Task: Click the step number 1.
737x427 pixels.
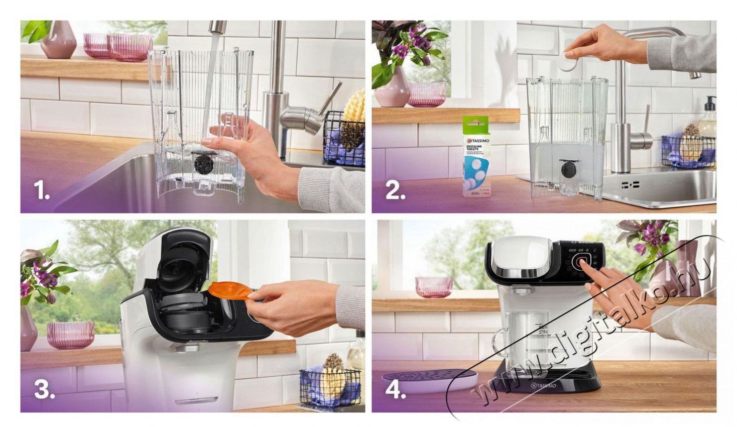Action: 41,190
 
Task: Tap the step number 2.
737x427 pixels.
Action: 395,190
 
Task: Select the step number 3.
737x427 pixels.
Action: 44,389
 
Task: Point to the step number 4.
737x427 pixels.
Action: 395,389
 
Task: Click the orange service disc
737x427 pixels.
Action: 229,290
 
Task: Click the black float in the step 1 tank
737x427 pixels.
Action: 204,164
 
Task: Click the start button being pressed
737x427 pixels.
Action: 583,261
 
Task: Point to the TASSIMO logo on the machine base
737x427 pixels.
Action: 543,385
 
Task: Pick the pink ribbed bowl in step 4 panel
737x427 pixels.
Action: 433,287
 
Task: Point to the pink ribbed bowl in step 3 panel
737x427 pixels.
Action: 70,335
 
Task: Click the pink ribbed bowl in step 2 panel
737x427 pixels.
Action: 427,94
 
